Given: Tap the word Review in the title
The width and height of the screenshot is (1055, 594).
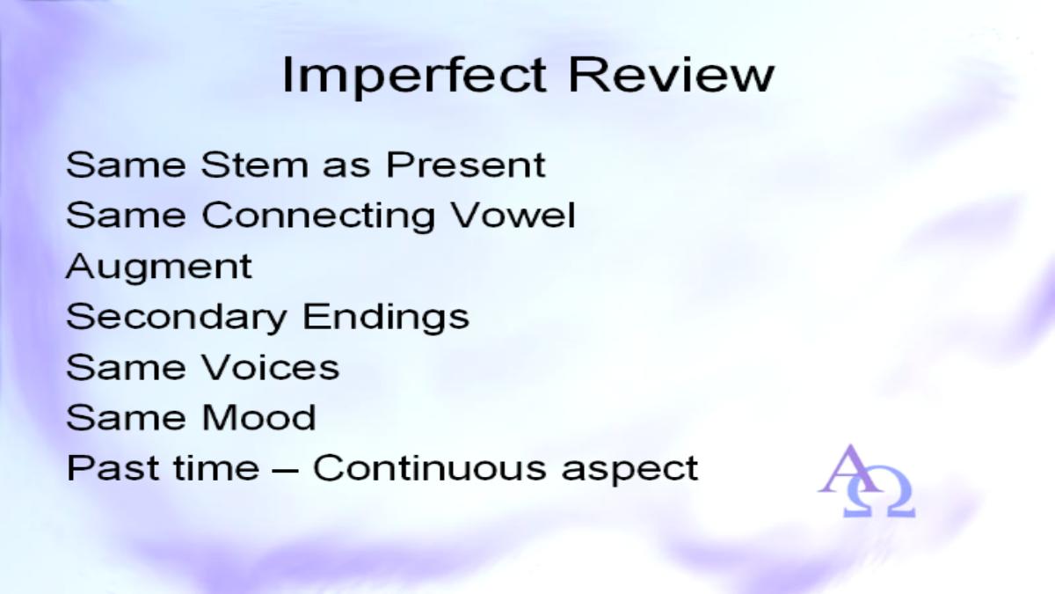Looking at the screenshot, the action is [x=671, y=75].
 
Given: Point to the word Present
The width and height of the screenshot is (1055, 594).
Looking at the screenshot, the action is [x=466, y=165].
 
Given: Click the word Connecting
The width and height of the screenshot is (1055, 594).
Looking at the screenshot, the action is [x=318, y=216].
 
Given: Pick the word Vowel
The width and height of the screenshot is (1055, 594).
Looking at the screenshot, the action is [x=513, y=215].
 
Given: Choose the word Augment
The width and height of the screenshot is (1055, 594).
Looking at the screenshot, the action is [x=159, y=268].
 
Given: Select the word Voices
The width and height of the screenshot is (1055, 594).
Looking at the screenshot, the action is [x=271, y=368].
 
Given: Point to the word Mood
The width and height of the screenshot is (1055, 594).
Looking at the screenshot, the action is [x=258, y=418].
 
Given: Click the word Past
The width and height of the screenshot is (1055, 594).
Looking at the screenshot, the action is [x=113, y=467].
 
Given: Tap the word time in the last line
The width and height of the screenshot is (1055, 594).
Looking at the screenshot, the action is [x=216, y=467].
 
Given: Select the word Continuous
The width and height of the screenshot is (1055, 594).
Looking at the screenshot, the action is [x=430, y=467].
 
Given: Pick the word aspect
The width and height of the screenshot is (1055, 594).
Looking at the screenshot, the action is [x=629, y=471].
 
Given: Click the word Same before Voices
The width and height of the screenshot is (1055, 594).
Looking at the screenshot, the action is [x=126, y=368].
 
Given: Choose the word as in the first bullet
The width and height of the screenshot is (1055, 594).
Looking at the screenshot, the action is [x=346, y=168].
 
